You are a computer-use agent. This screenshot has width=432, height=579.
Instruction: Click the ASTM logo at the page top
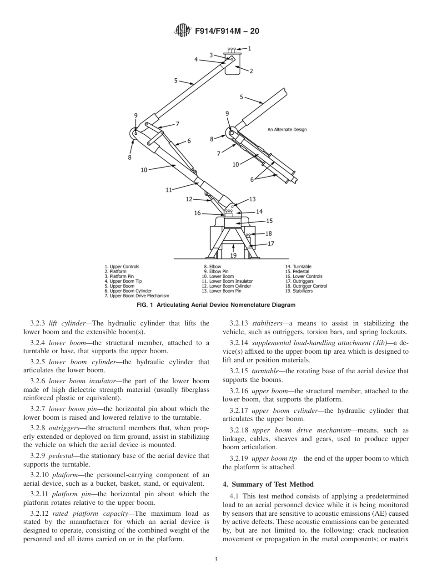181,31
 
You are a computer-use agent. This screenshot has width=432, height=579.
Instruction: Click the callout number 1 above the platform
249,48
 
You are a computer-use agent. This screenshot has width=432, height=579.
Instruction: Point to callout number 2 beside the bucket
251,71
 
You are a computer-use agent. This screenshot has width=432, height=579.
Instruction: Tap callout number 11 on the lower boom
169,190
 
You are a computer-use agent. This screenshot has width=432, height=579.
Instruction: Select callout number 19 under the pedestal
233,255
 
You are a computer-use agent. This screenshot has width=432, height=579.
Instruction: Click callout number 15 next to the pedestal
269,221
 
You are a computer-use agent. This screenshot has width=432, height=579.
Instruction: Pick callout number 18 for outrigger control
268,234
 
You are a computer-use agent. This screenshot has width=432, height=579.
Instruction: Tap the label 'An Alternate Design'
287,130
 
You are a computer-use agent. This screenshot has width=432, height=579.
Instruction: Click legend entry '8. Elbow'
212,267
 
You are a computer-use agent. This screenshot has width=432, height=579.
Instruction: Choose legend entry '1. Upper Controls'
122,267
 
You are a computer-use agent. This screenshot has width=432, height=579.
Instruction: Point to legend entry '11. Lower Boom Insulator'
227,281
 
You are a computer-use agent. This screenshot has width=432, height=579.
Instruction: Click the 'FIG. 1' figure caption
216,305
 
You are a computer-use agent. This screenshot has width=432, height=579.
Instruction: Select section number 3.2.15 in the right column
240,371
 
